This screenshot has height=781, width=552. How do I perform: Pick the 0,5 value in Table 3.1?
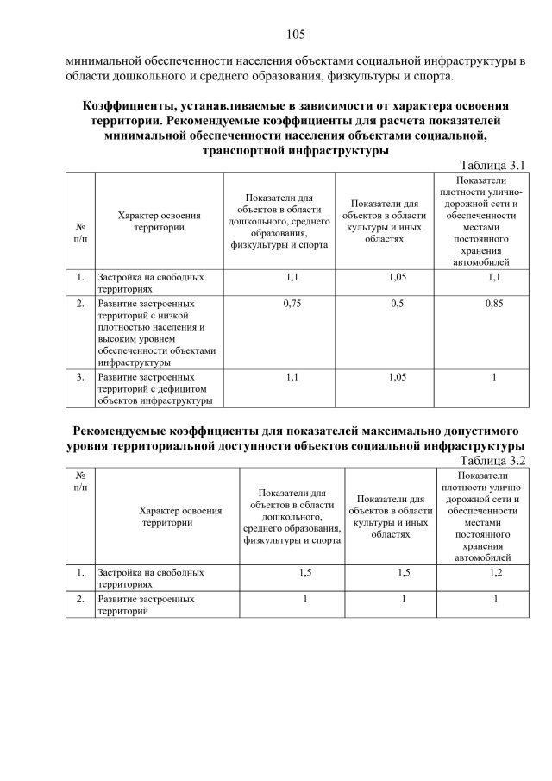(398, 304)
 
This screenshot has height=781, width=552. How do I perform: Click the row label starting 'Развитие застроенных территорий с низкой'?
(156, 333)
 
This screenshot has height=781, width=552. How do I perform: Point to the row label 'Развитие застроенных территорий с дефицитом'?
(156, 388)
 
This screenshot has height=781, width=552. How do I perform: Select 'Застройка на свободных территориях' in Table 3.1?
(152, 283)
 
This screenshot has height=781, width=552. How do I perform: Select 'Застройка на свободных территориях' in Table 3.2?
(152, 577)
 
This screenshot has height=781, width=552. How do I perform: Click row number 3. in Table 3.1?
(79, 377)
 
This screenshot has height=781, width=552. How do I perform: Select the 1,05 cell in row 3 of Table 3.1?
(398, 377)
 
